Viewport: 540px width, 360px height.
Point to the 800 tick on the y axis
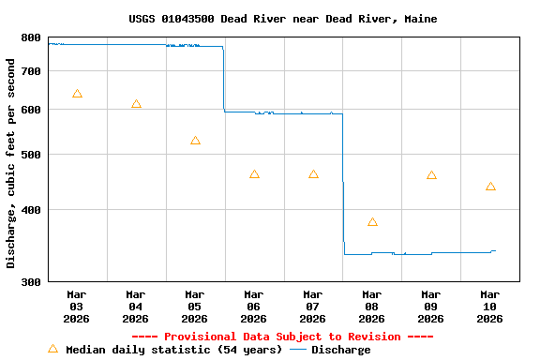[31, 38]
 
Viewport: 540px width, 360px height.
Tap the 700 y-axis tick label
[31, 71]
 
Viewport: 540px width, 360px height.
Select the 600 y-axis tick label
[31, 110]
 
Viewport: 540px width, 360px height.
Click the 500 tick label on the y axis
[31, 155]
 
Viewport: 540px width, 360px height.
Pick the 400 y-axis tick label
[31, 210]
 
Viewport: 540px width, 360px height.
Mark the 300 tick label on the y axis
[31, 282]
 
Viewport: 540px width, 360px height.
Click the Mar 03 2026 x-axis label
[77, 307]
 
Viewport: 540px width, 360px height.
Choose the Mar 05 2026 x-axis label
[195, 307]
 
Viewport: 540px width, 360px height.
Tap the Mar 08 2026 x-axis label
[372, 307]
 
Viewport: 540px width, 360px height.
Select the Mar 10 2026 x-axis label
[490, 307]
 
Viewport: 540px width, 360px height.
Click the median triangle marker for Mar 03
[77, 94]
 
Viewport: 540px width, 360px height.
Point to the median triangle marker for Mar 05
[195, 141]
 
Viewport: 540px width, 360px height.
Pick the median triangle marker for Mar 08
[372, 222]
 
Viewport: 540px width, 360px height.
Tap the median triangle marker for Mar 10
[490, 187]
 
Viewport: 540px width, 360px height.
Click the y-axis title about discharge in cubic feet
[11, 163]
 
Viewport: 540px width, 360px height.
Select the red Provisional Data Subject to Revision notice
[282, 337]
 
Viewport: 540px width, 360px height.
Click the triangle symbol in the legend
[52, 349]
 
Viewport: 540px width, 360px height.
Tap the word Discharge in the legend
[340, 350]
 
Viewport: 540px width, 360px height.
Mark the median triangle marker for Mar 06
[254, 174]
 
